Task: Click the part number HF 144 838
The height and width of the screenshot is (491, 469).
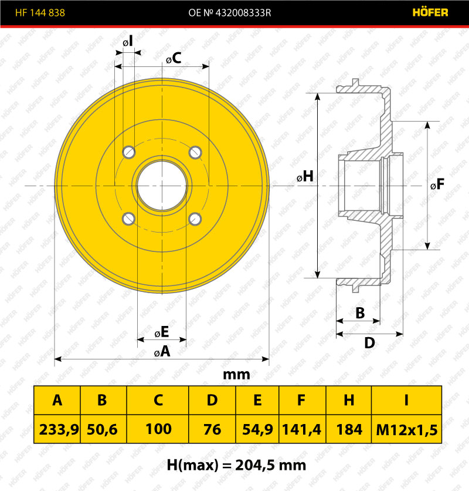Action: (x=40, y=12)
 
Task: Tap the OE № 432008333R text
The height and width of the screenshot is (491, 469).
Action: (x=229, y=12)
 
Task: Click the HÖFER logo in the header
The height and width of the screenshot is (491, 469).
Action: (x=430, y=12)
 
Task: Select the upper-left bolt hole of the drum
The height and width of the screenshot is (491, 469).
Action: (x=129, y=152)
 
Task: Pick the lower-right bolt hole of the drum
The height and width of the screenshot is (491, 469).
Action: (x=195, y=218)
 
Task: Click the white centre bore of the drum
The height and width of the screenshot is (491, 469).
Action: (x=162, y=186)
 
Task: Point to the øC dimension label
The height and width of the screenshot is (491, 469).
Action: (x=174, y=58)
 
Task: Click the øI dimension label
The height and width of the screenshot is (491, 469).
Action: (x=128, y=41)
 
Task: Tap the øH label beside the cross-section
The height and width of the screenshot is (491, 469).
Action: (x=305, y=176)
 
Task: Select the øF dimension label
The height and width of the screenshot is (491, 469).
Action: (x=437, y=184)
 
